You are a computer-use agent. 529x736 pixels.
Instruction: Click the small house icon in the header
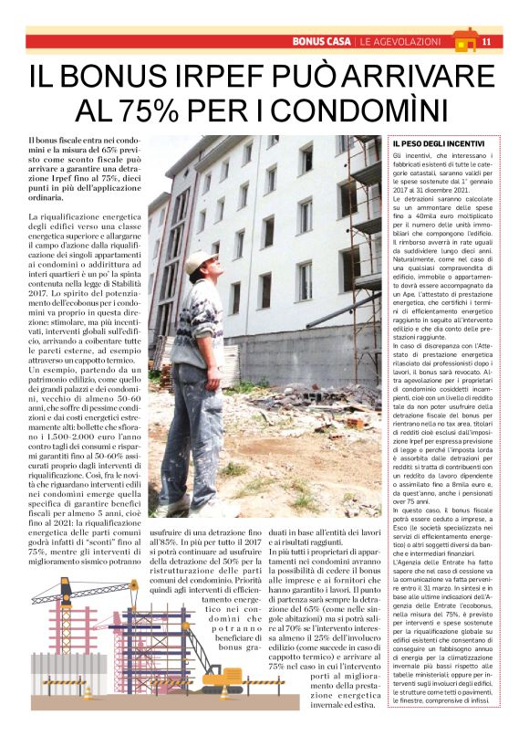pos(464,39)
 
